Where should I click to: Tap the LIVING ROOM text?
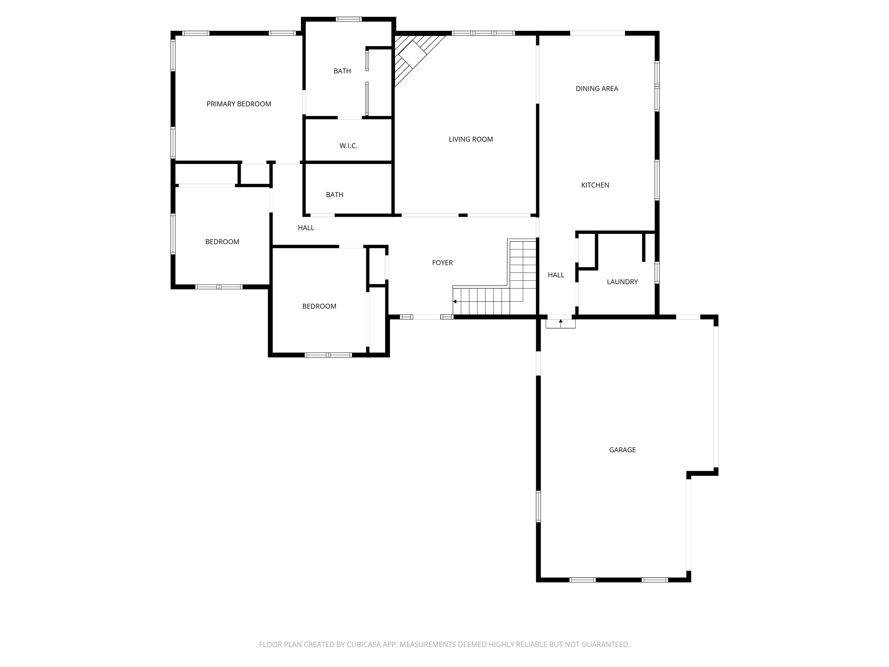pyautogui.click(x=471, y=140)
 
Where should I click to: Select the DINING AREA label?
pyautogui.click(x=596, y=89)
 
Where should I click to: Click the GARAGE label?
pyautogui.click(x=622, y=450)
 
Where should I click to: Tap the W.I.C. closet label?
pyautogui.click(x=348, y=146)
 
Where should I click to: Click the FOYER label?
pyautogui.click(x=442, y=263)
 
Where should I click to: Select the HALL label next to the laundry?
pyautogui.click(x=556, y=275)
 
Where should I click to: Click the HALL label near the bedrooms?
pyautogui.click(x=306, y=228)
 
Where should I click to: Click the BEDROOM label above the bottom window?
pyautogui.click(x=319, y=306)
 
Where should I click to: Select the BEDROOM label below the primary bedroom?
pyautogui.click(x=222, y=242)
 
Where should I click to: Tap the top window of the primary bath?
pyautogui.click(x=348, y=19)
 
